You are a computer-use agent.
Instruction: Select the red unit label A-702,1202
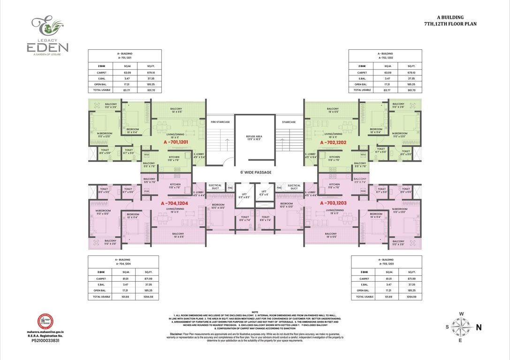point(333,142)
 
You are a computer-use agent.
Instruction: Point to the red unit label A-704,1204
point(174,203)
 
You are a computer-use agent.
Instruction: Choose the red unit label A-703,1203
point(333,203)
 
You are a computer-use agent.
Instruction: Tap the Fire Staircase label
point(220,122)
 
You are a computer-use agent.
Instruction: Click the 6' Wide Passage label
point(255,172)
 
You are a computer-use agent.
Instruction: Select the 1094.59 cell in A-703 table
point(411,297)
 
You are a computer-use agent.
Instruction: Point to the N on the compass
point(478,328)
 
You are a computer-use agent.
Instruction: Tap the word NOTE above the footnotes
point(255,312)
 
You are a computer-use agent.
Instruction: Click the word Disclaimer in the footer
point(177,333)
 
